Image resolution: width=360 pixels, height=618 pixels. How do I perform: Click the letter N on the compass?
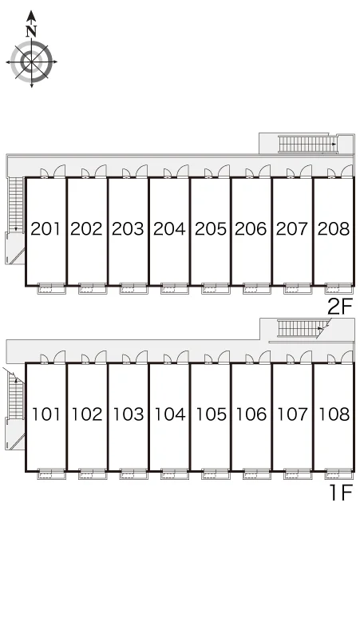[x=31, y=30]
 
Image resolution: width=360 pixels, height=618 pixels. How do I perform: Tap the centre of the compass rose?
[x=31, y=61]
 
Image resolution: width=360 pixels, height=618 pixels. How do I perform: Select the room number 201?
[x=45, y=228]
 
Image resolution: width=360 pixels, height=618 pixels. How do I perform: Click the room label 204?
[x=169, y=228]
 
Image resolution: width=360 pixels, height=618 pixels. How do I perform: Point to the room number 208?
[x=334, y=228]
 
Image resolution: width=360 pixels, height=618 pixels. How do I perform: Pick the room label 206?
[x=251, y=228]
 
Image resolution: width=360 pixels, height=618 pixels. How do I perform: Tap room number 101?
[x=46, y=414]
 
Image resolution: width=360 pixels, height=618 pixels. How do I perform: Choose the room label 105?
[x=211, y=414]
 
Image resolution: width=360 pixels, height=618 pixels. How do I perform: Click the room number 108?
[x=334, y=414]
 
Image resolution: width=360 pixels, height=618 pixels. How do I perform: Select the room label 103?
[x=129, y=414]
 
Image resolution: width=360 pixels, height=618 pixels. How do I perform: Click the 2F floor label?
[x=339, y=307]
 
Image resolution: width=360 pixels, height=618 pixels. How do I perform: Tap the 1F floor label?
[x=340, y=492]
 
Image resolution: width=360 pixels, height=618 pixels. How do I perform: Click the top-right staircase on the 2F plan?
[x=307, y=144]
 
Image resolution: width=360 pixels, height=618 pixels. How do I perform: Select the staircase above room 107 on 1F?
[x=302, y=328]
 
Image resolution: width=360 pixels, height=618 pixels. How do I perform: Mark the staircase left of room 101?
[x=16, y=395]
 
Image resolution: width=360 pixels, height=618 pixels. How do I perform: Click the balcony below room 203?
[x=133, y=289]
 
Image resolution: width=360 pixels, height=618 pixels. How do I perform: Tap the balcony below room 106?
[x=257, y=474]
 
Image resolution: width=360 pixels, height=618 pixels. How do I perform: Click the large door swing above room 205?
[x=224, y=172]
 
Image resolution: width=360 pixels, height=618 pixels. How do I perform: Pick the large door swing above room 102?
[x=101, y=357]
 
